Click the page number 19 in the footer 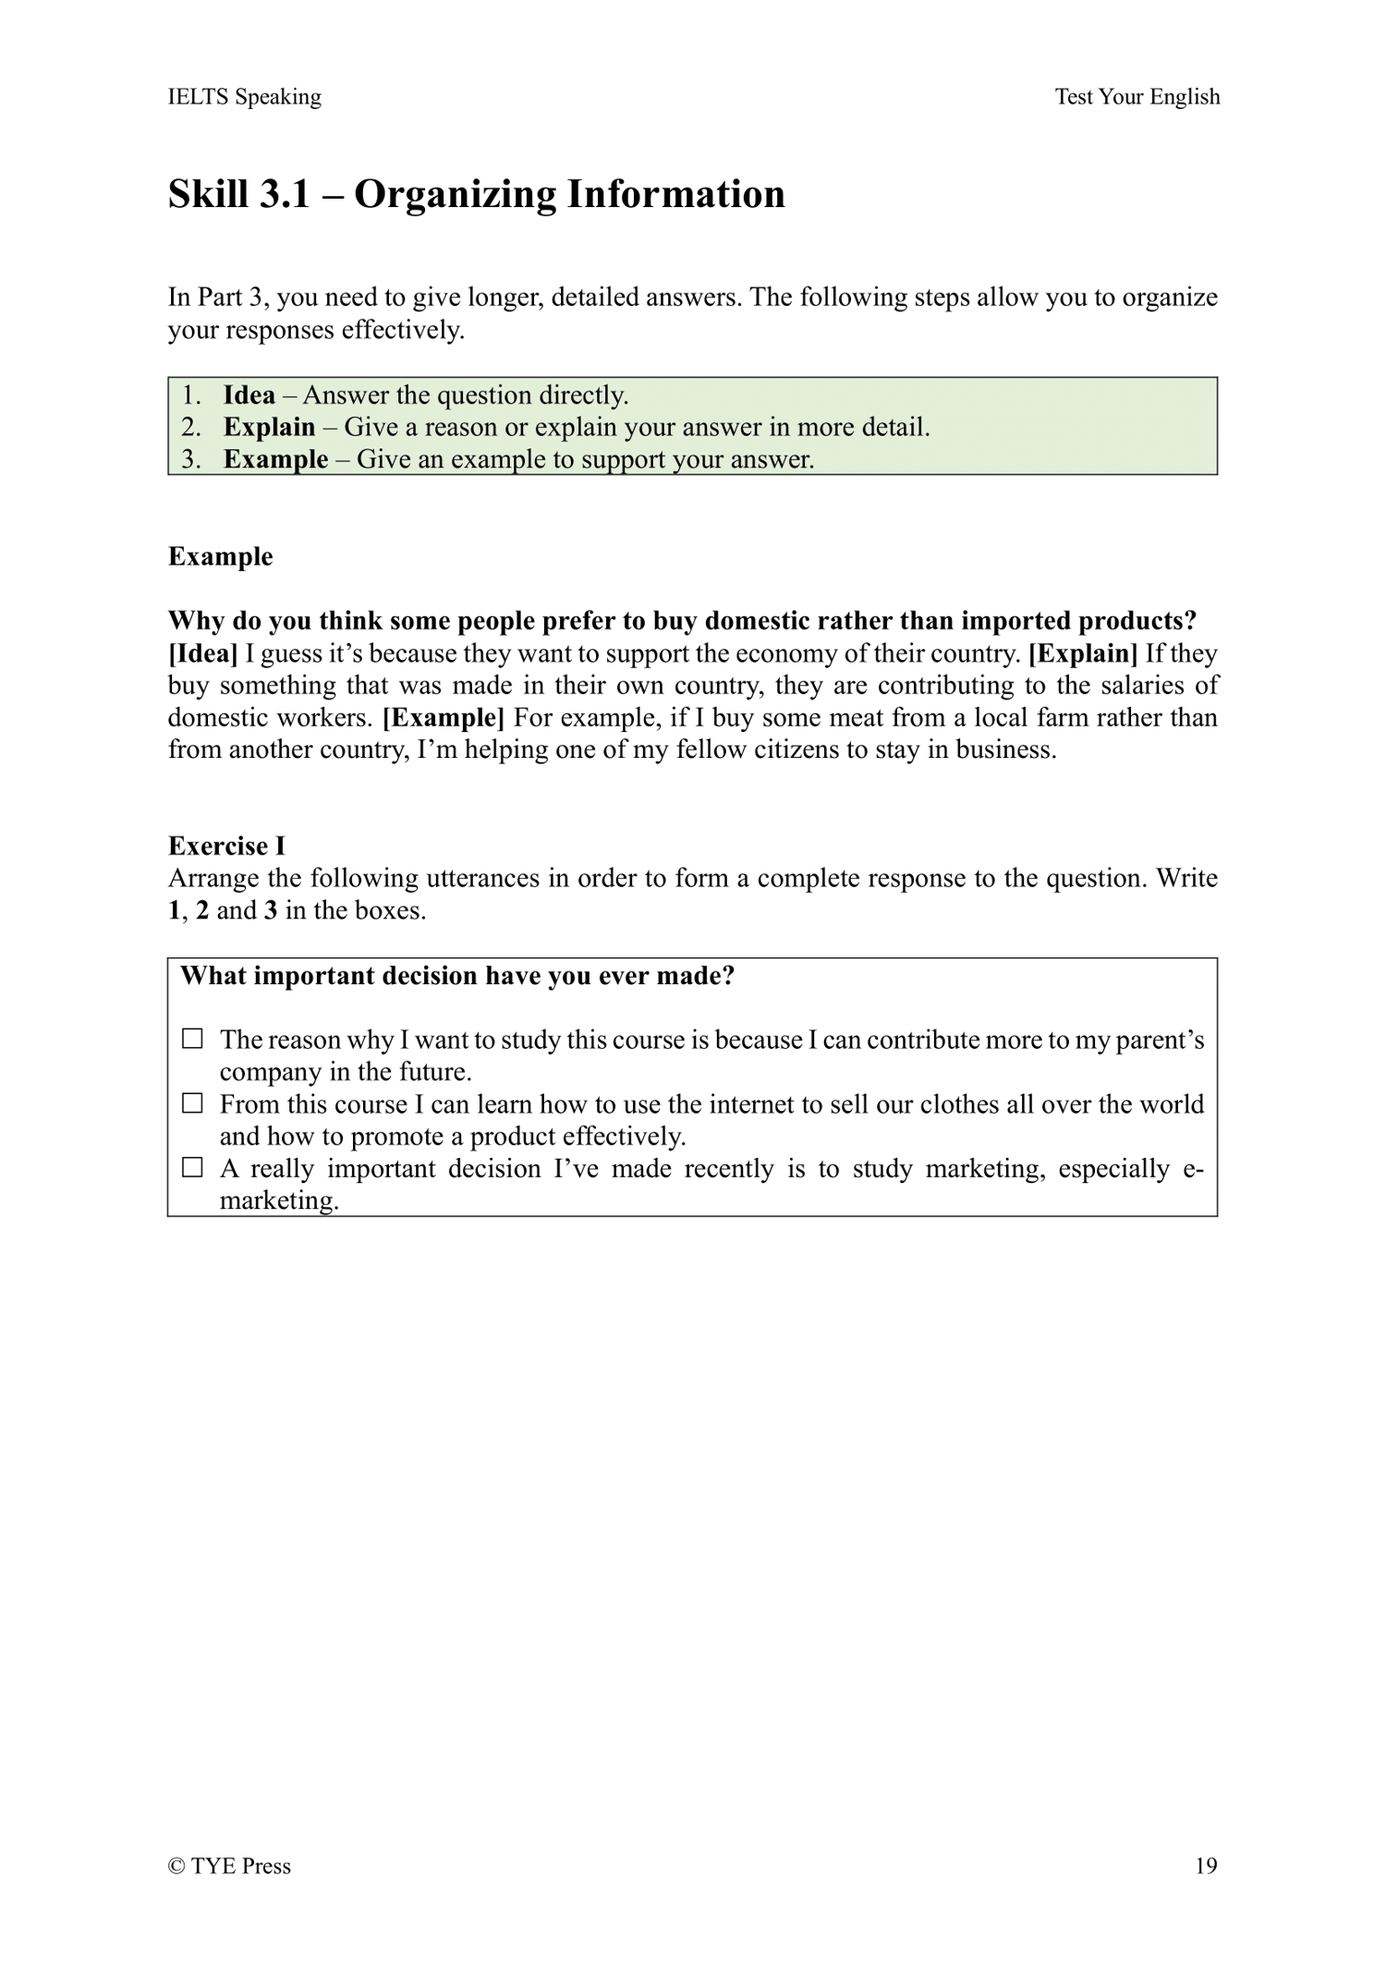click(x=1206, y=1866)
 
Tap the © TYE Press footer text click(x=229, y=1866)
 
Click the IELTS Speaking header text click(x=245, y=97)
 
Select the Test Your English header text click(x=1137, y=97)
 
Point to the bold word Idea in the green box click(x=249, y=396)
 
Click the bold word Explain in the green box click(x=269, y=427)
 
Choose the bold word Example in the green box click(x=275, y=459)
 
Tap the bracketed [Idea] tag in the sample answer click(x=202, y=653)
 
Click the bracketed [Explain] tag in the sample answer click(x=1083, y=653)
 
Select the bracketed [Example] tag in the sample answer click(x=444, y=717)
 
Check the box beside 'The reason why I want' click(x=192, y=1039)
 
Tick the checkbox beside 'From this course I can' click(x=192, y=1103)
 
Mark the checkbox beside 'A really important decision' click(x=192, y=1168)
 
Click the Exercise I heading click(x=226, y=846)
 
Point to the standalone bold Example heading click(x=220, y=556)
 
